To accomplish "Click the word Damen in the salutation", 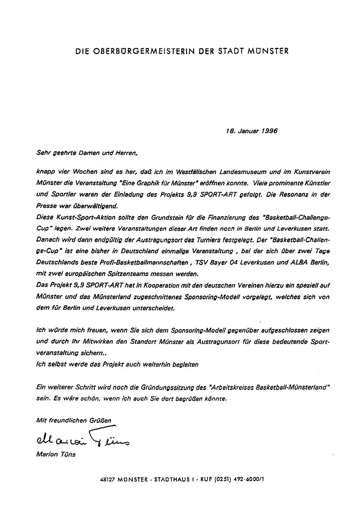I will pyautogui.click(x=85, y=153).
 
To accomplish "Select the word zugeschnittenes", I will pyautogui.click(x=158, y=297).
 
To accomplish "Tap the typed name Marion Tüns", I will pyautogui.click(x=56, y=454).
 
